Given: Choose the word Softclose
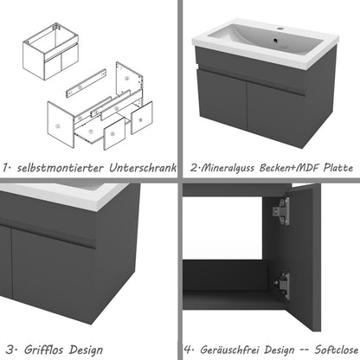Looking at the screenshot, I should [334, 350].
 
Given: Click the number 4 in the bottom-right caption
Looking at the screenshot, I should [190, 350].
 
